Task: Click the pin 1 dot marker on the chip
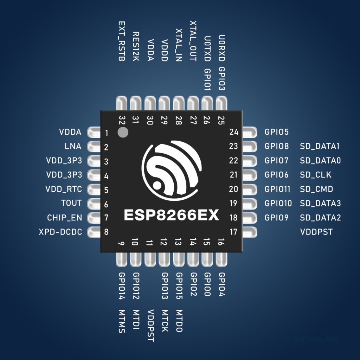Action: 123,133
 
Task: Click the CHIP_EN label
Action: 64,218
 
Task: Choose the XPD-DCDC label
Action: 60,232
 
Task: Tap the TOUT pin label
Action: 71,203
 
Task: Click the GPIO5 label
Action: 276,132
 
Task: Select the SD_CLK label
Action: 315,175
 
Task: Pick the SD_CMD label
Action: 316,189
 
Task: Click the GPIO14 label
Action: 122,286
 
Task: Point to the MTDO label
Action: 179,321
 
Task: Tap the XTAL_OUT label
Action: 193,41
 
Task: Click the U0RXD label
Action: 221,48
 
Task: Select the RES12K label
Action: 136,46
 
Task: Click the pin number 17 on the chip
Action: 233,232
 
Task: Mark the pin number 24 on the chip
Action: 233,132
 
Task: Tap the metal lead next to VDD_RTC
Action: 94,189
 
